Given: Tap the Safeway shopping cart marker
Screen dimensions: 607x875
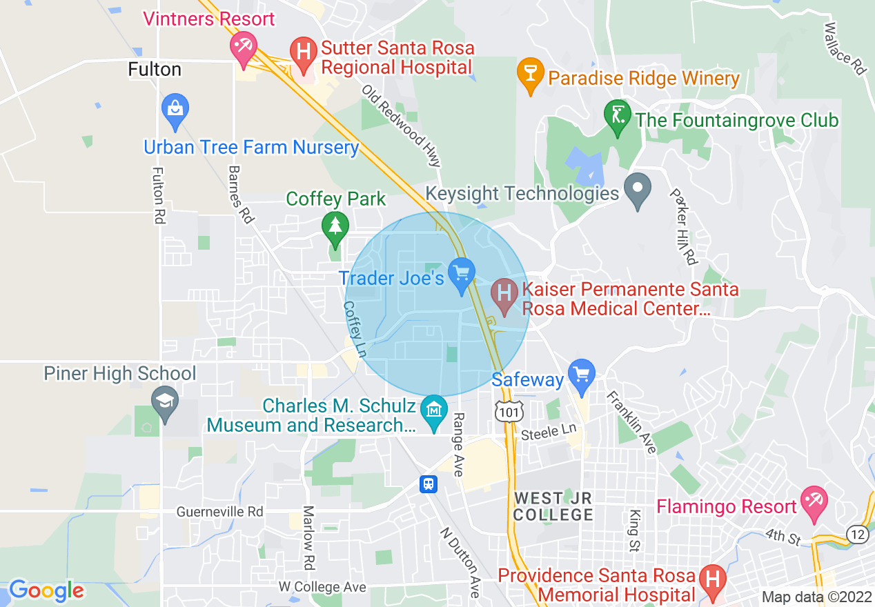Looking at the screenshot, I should click(582, 375).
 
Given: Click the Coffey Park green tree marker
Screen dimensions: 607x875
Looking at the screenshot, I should click(335, 227).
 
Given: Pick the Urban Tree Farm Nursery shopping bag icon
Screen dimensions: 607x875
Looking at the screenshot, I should click(175, 109).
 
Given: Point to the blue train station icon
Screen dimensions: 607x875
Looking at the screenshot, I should click(429, 484).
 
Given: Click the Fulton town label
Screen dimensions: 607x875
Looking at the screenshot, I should click(155, 70).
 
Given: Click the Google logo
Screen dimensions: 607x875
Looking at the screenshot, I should click(46, 590).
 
